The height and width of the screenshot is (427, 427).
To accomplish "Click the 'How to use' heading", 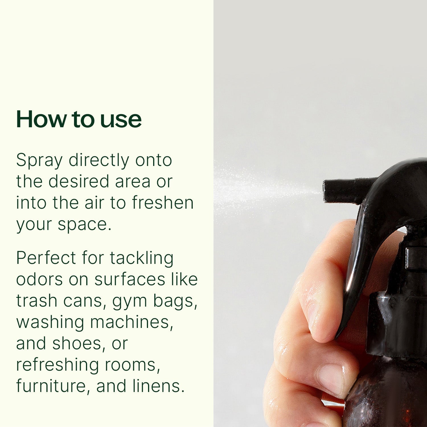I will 79,119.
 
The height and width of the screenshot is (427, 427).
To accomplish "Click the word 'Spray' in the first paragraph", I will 39,161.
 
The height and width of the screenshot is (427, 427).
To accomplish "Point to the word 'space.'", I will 85,224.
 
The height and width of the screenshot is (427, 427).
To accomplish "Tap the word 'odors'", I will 39,279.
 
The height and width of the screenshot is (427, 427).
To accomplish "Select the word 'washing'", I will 50,322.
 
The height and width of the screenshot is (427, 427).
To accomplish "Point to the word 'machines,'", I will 132,322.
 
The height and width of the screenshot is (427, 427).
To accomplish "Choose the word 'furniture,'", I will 53,386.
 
